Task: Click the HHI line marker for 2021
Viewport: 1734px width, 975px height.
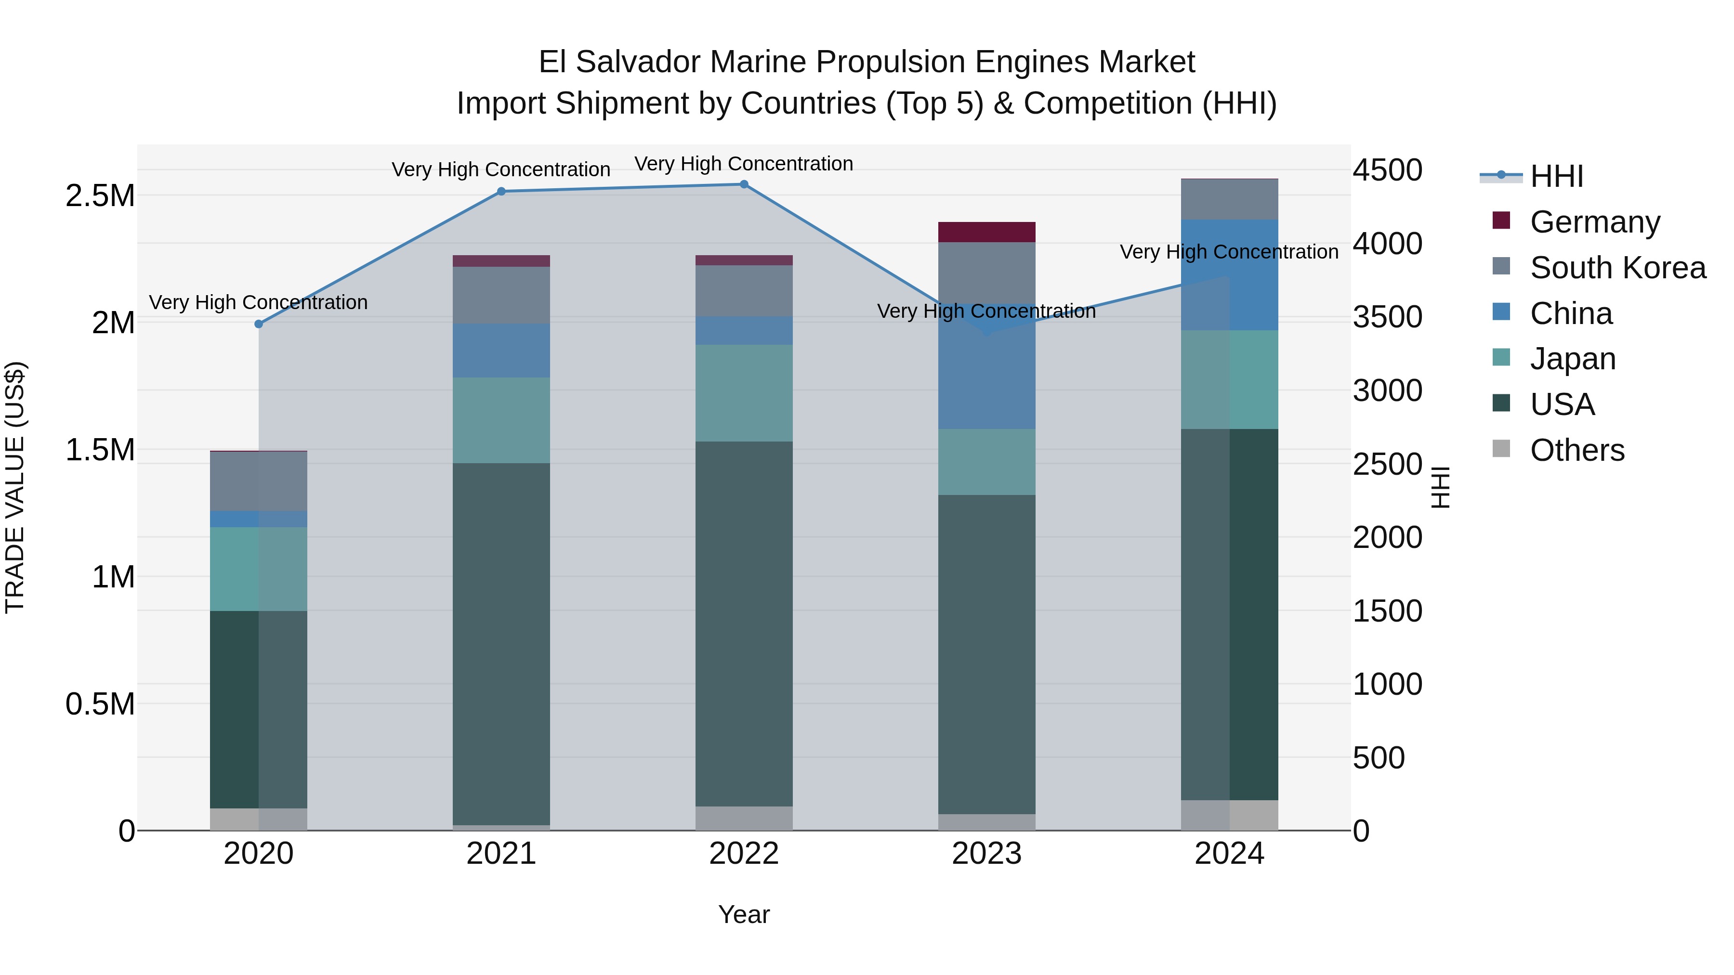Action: [501, 192]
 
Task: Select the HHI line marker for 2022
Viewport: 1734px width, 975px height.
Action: [744, 184]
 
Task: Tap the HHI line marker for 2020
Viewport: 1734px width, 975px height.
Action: [259, 325]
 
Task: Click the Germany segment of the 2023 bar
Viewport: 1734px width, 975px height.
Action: [987, 232]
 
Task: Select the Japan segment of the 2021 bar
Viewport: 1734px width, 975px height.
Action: [501, 420]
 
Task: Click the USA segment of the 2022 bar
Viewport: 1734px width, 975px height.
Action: [744, 623]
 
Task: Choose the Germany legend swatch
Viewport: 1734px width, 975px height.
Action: [1501, 221]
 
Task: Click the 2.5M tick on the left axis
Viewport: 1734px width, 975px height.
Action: [100, 196]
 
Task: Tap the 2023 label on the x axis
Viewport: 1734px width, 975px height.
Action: [987, 854]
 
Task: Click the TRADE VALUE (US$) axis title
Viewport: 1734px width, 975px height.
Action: [15, 487]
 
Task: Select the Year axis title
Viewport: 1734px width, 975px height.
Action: [744, 914]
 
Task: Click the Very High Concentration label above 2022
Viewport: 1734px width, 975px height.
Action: [744, 164]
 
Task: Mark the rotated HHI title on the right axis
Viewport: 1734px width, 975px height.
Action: [1441, 487]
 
